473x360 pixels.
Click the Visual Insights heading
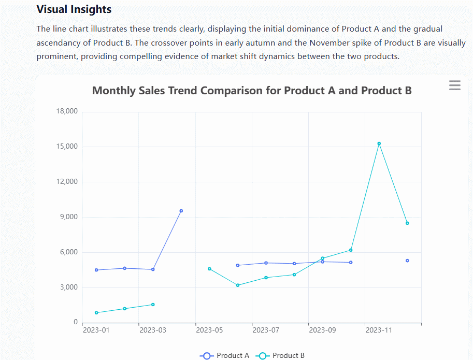[74, 9]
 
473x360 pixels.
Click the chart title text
[252, 91]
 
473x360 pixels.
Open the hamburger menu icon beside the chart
[454, 85]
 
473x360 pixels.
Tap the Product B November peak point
[379, 143]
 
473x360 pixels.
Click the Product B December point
[407, 223]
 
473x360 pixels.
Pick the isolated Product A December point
[407, 261]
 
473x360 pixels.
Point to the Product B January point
[96, 313]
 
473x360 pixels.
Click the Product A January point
[96, 270]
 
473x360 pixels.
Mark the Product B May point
[209, 269]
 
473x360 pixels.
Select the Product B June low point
[238, 285]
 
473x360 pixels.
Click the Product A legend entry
[225, 355]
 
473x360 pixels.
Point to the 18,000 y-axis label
[66, 111]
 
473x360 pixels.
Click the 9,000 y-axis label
[68, 217]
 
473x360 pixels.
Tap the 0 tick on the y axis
[75, 323]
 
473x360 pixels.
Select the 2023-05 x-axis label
[210, 330]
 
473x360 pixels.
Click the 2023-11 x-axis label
[379, 330]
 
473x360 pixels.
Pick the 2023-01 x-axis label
[96, 330]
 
